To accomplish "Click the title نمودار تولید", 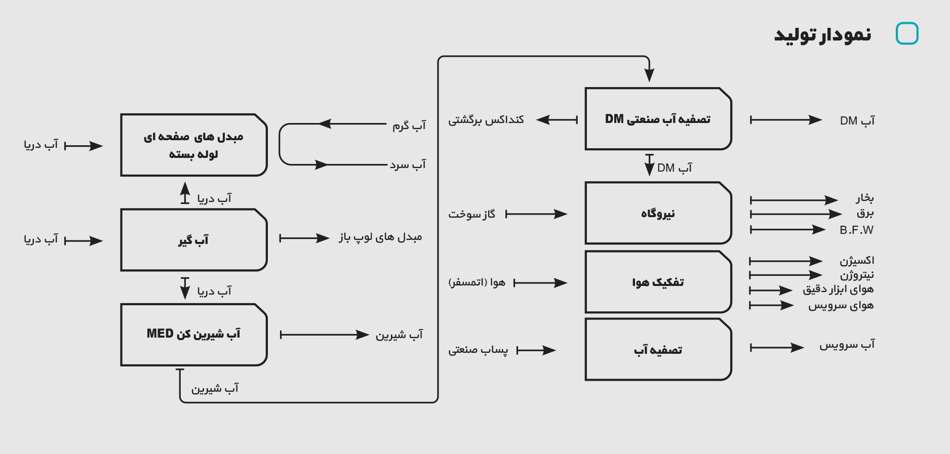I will pyautogui.click(x=822, y=34).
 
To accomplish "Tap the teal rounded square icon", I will pyautogui.click(x=907, y=33).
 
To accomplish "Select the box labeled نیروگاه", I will pyautogui.click(x=658, y=213).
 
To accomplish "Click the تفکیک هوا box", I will pyautogui.click(x=658, y=282).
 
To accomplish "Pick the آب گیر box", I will pyautogui.click(x=193, y=240).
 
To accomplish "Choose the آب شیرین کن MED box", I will pyautogui.click(x=193, y=334).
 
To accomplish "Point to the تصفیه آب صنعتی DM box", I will pyautogui.click(x=658, y=119).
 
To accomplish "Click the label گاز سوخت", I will pyautogui.click(x=471, y=214).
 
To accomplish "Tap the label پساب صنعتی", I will pyautogui.click(x=478, y=350).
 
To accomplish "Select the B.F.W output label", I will pyautogui.click(x=856, y=230).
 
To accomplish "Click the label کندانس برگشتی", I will pyautogui.click(x=486, y=120).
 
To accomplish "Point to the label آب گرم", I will pyautogui.click(x=409, y=125).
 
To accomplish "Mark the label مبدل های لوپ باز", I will pyautogui.click(x=380, y=237).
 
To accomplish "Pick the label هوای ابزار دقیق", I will pyautogui.click(x=838, y=290).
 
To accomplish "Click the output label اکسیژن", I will pyautogui.click(x=857, y=261).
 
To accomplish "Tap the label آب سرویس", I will pyautogui.click(x=847, y=345).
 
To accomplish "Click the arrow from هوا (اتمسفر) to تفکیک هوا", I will pyautogui.click(x=540, y=283).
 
